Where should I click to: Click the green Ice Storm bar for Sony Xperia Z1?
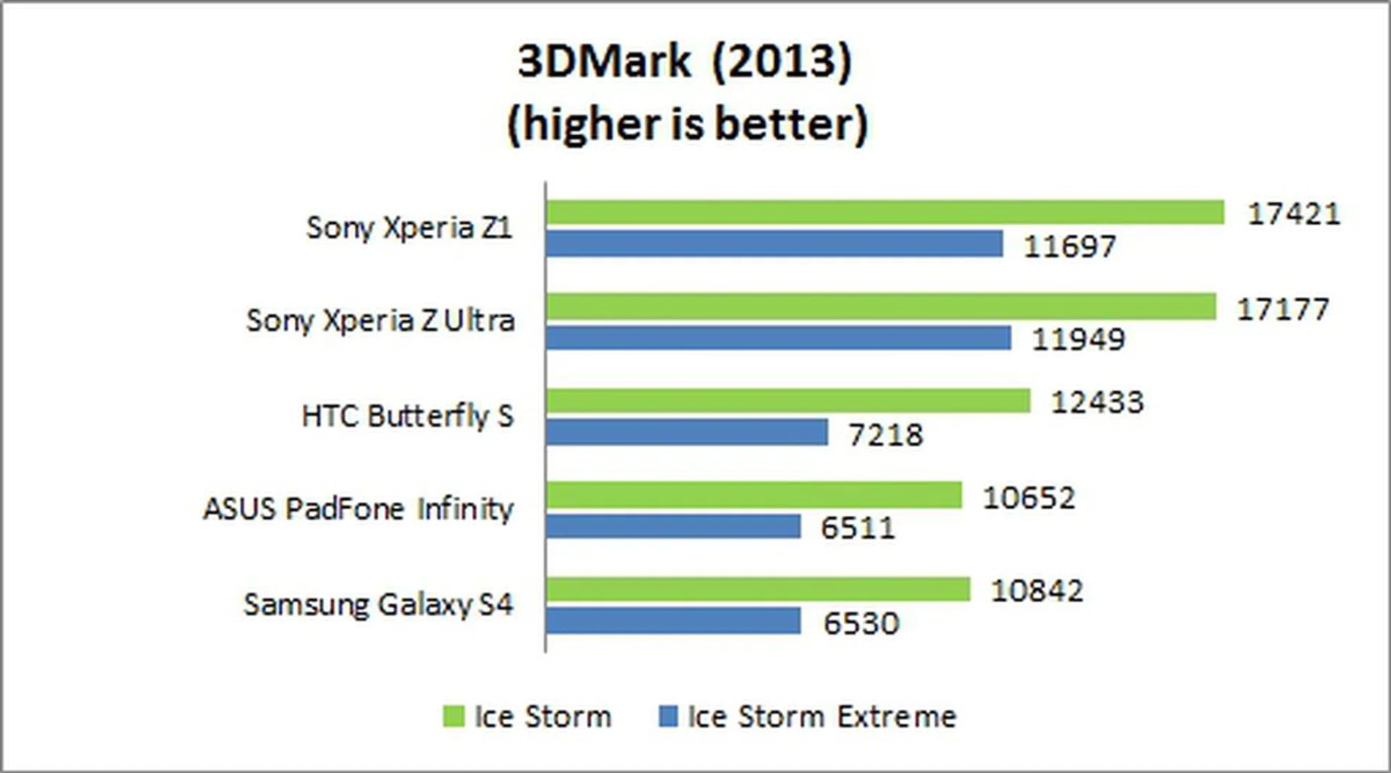pyautogui.click(x=885, y=212)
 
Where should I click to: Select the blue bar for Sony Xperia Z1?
pyautogui.click(x=774, y=244)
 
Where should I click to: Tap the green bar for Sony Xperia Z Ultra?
pyautogui.click(x=880, y=306)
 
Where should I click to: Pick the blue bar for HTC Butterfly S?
pyautogui.click(x=687, y=433)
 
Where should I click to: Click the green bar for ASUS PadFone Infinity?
pyautogui.click(x=753, y=496)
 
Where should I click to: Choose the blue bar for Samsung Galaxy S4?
pyautogui.click(x=673, y=621)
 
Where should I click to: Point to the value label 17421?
pyautogui.click(x=1294, y=214)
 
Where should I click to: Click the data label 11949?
pyautogui.click(x=1078, y=339)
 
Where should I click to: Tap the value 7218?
pyautogui.click(x=885, y=435)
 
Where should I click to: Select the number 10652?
pyautogui.click(x=1029, y=498)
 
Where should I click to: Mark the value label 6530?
pyautogui.click(x=861, y=623)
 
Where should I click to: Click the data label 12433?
pyautogui.click(x=1097, y=402)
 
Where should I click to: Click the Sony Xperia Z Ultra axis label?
pyautogui.click(x=380, y=320)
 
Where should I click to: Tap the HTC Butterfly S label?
pyautogui.click(x=407, y=416)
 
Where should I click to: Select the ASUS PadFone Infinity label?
pyautogui.click(x=358, y=509)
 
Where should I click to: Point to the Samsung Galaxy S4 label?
pyautogui.click(x=378, y=604)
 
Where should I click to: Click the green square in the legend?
pyautogui.click(x=454, y=716)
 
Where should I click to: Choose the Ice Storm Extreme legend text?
pyautogui.click(x=822, y=716)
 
